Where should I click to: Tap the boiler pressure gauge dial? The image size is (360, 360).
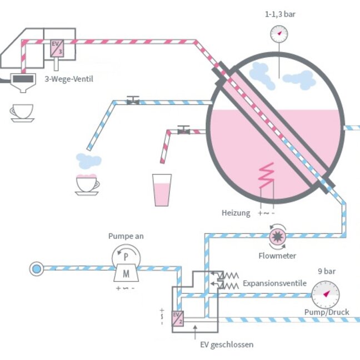(279, 34)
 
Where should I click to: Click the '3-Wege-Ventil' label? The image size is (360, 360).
(69, 79)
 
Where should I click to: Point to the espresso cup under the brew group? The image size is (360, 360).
(22, 112)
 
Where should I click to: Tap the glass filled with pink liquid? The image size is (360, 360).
(162, 190)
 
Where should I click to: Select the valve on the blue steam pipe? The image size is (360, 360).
(132, 101)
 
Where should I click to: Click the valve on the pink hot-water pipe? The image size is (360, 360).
(183, 129)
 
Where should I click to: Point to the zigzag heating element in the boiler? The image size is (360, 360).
(268, 177)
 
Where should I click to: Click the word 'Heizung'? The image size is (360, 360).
(236, 213)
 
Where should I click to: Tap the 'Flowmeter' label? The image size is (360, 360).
(277, 256)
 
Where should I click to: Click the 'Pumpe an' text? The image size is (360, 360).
(126, 236)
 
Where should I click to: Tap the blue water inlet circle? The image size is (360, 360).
(36, 269)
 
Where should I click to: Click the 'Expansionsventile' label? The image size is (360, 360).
(274, 283)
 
